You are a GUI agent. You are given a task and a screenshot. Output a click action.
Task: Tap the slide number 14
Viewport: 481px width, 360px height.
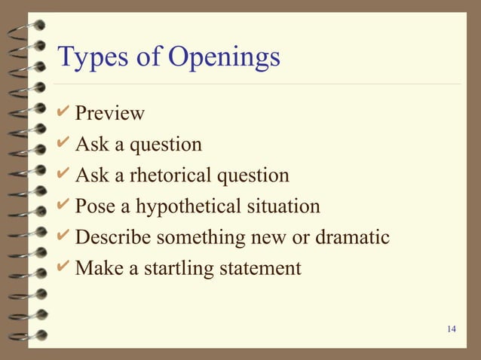pyautogui.click(x=452, y=329)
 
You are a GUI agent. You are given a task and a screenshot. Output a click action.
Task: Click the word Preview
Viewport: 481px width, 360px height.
pyautogui.click(x=110, y=114)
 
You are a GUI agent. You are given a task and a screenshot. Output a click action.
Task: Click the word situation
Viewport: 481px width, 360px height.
pyautogui.click(x=283, y=206)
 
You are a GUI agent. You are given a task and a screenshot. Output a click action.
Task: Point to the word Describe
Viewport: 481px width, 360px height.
pyautogui.click(x=115, y=237)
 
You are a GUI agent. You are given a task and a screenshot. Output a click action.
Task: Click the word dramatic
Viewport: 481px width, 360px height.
pyautogui.click(x=353, y=237)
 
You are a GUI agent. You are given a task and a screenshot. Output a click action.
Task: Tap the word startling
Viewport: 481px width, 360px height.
pyautogui.click(x=167, y=268)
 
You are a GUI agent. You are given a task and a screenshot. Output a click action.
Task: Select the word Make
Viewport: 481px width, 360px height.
pyautogui.click(x=97, y=267)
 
